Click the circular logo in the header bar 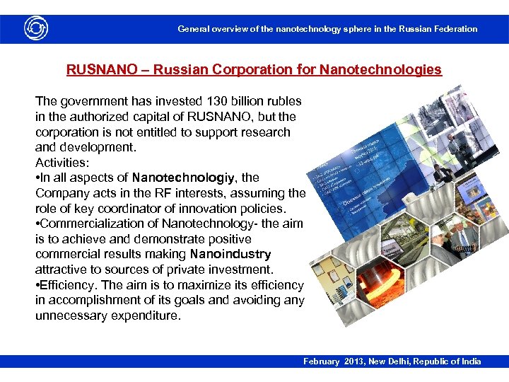35,29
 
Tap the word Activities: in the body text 63,163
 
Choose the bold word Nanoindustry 230,254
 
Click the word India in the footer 469,361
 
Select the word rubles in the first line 284,101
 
